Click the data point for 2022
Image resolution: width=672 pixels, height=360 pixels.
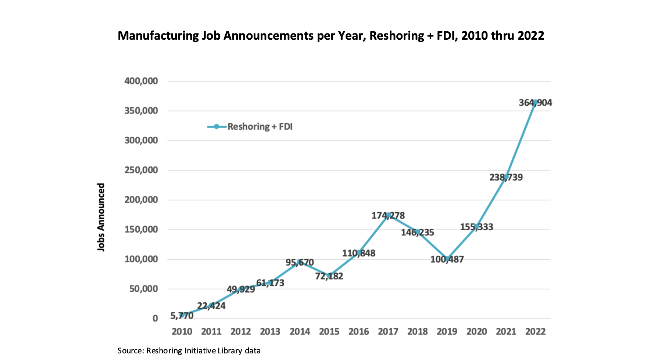(535, 102)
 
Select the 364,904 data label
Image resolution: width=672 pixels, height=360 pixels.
(535, 103)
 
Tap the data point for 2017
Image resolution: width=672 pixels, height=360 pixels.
(388, 215)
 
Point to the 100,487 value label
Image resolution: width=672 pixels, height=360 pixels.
(447, 259)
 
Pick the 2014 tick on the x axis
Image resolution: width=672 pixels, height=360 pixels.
(300, 332)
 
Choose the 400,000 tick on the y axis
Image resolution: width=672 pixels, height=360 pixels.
(141, 81)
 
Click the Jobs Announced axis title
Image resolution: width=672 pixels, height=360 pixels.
(101, 217)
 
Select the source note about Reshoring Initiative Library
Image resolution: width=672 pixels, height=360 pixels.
(189, 351)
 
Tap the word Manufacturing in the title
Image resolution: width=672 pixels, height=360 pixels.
(158, 36)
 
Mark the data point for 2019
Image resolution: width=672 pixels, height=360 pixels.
(447, 259)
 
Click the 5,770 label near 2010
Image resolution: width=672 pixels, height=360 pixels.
(182, 316)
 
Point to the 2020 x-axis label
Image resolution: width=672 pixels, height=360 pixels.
(476, 332)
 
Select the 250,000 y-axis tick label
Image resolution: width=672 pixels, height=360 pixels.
(141, 170)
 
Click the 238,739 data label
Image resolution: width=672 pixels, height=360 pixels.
(506, 177)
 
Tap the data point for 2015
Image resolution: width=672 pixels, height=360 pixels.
(329, 275)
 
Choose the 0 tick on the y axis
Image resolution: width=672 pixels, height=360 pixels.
(155, 318)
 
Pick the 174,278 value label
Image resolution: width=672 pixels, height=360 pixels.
(388, 216)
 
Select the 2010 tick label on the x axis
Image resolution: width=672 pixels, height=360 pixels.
(182, 332)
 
